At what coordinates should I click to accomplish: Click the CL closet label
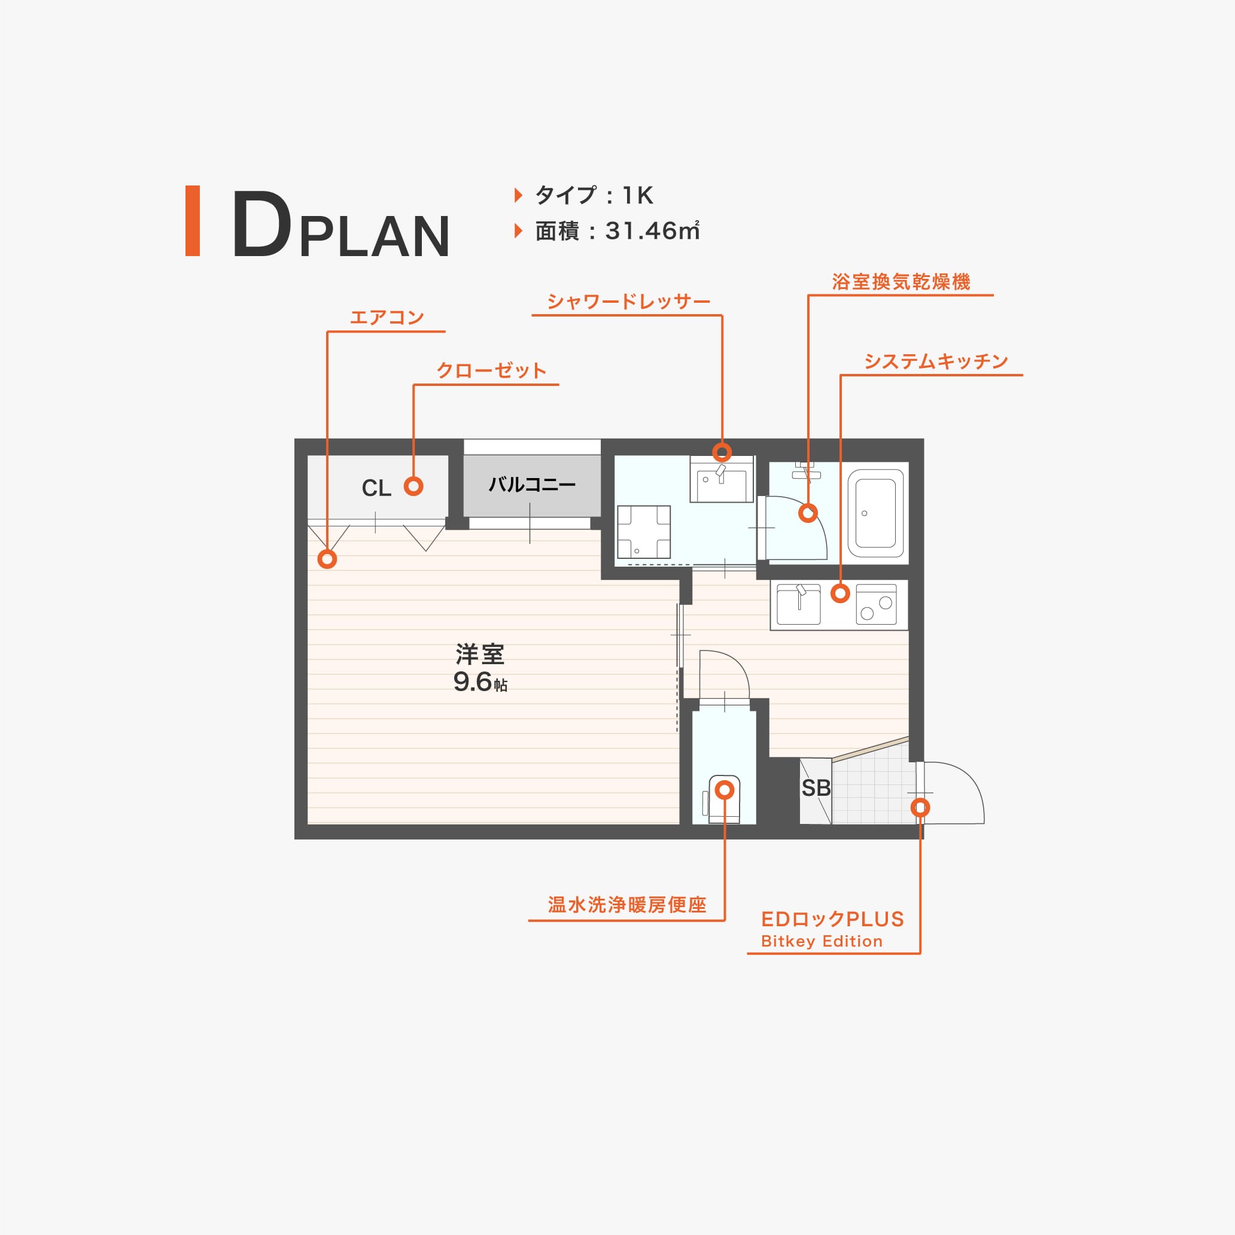pos(376,488)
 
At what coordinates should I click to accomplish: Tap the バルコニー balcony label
pos(532,485)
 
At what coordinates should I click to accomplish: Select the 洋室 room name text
pos(480,654)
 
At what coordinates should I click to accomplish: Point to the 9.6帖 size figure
pos(480,682)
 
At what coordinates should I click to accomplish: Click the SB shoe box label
pos(816,788)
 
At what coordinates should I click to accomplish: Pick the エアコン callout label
pos(387,317)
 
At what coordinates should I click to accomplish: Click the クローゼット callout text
pos(491,370)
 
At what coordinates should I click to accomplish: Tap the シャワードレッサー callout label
pos(628,301)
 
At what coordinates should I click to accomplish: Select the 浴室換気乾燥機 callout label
pos(901,282)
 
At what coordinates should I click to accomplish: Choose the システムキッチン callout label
pos(936,361)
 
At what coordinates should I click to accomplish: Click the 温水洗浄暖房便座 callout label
pos(627,905)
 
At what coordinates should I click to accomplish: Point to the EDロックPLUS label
pos(832,919)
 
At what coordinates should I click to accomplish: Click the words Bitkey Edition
pos(822,941)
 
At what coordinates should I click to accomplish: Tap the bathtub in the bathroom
pos(876,513)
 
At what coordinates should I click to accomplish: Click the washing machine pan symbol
pos(644,532)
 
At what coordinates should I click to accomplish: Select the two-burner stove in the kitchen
pos(877,605)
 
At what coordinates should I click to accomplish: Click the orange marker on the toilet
pos(724,790)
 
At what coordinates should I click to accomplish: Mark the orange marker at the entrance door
pos(920,807)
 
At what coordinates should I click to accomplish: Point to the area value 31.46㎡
pos(652,231)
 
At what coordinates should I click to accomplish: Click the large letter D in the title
pos(261,224)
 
